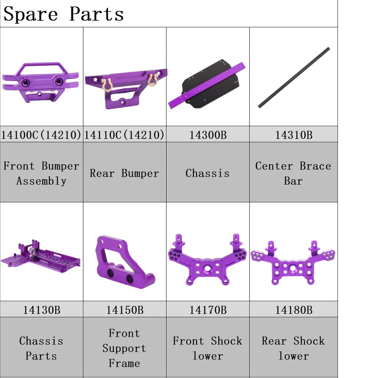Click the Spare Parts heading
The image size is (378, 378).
click(64, 14)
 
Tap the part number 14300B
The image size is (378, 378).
click(208, 135)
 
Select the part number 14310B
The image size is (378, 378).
click(294, 135)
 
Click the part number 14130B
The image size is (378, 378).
click(42, 310)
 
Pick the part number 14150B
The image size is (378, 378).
click(125, 310)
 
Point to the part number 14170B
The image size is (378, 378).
click(208, 310)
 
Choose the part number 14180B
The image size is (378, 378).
click(294, 310)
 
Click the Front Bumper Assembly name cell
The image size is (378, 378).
click(42, 173)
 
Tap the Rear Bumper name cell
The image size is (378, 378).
click(124, 174)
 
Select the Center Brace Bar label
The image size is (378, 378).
click(293, 173)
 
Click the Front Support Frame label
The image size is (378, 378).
click(124, 348)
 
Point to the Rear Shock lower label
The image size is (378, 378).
click(293, 348)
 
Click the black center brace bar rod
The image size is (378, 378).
click(294, 77)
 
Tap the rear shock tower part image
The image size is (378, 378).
click(293, 263)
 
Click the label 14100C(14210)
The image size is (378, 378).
click(42, 135)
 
